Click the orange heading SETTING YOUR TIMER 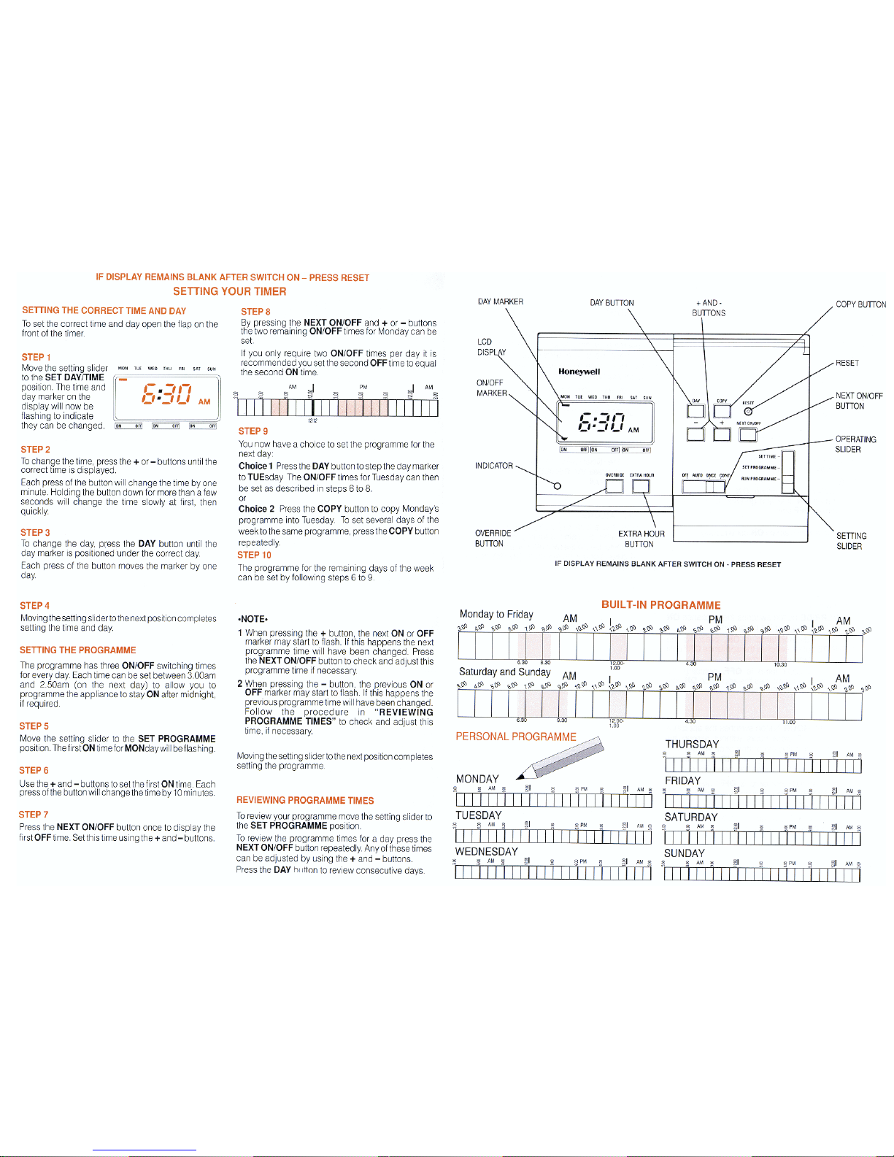click(x=229, y=291)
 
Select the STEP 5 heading click(x=34, y=726)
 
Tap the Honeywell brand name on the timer click(x=579, y=371)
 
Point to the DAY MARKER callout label click(x=500, y=301)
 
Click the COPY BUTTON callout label click(x=860, y=304)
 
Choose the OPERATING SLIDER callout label click(x=855, y=444)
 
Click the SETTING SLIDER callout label click(x=851, y=540)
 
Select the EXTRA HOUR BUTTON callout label click(x=641, y=539)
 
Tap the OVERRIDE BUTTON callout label click(x=493, y=538)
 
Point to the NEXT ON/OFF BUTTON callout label click(x=858, y=401)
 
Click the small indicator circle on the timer click(x=557, y=485)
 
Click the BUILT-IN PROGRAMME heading click(x=660, y=604)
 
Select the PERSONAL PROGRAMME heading click(x=515, y=737)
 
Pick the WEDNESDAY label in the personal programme click(x=486, y=851)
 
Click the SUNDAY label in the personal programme click(x=684, y=853)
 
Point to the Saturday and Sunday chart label click(x=504, y=672)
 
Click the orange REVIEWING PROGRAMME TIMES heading click(x=304, y=800)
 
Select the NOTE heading click(x=253, y=618)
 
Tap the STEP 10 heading click(x=254, y=555)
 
